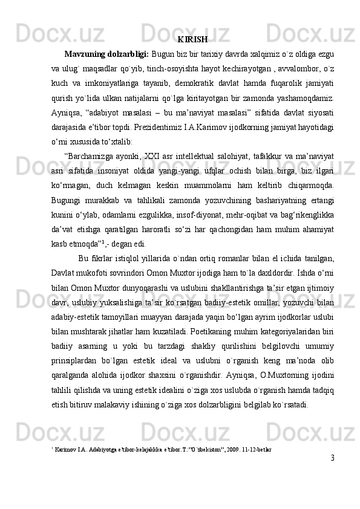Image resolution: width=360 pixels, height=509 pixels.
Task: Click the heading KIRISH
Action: [194, 40]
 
